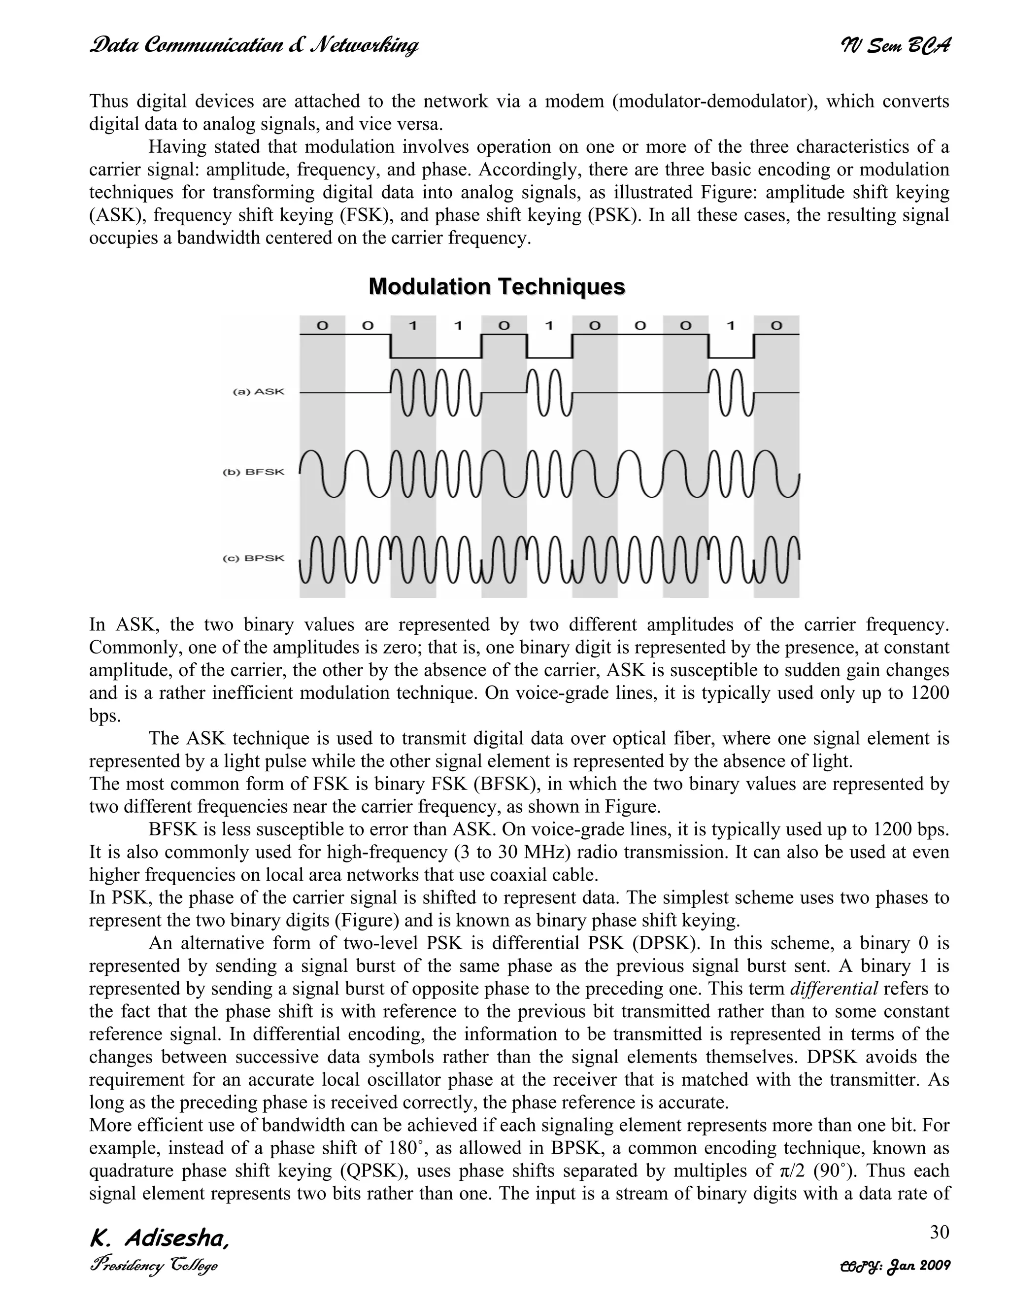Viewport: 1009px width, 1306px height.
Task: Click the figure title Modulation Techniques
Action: [497, 287]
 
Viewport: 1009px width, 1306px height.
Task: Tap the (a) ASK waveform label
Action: [258, 392]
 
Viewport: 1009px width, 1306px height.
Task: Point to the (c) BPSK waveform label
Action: [253, 558]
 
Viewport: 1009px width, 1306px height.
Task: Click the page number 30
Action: [939, 1232]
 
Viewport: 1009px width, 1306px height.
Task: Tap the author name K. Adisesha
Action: [159, 1239]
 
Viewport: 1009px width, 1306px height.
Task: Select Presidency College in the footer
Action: [153, 1266]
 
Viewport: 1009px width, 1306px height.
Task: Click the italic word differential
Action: [834, 989]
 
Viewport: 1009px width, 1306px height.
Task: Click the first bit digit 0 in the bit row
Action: [322, 326]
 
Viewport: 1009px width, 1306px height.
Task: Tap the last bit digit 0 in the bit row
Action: [776, 326]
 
